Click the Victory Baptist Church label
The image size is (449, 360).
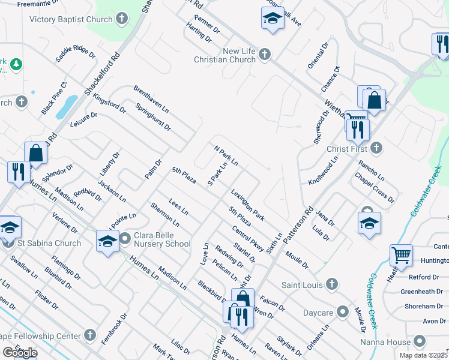coord(71,19)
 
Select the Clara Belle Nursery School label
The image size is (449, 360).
coord(161,239)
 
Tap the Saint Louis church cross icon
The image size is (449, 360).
coord(330,284)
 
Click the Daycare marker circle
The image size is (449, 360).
coord(343,311)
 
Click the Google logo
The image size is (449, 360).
coord(19,353)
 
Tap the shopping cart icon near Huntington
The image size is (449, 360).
coord(400,255)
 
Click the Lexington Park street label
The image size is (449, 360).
coord(248,204)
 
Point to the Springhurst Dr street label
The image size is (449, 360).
coord(153,118)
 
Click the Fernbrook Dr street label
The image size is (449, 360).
coord(115,328)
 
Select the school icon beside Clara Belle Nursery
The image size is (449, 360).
coord(108,241)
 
